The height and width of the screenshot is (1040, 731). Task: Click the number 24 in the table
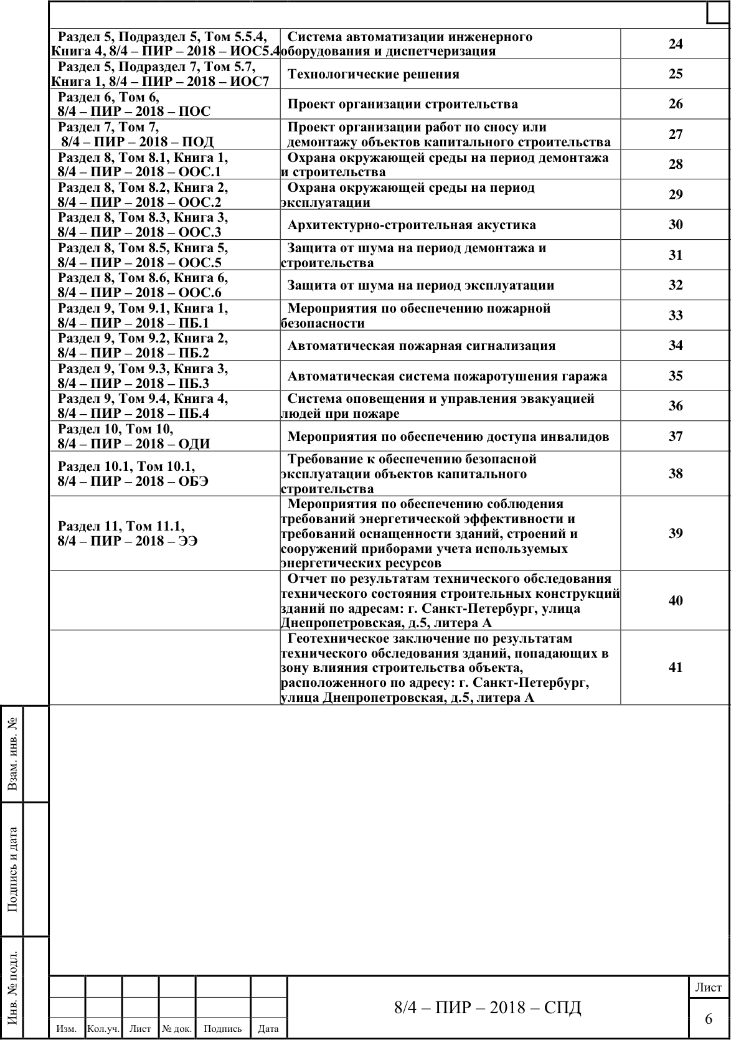coord(676,44)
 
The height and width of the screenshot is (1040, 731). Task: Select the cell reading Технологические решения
coord(374,74)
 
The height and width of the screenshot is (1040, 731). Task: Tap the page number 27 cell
coord(676,135)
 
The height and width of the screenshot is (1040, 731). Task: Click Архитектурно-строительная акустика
coord(412,225)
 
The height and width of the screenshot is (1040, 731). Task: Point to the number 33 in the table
coord(676,316)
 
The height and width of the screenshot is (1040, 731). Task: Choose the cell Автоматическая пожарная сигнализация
coord(422,346)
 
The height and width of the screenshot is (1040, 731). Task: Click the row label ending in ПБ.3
coord(143,376)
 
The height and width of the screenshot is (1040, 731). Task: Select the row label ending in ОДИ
coord(134,437)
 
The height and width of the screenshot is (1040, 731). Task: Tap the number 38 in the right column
coord(676,474)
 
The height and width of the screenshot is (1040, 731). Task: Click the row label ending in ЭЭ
coord(128,534)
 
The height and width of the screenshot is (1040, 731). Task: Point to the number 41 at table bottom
coord(676,668)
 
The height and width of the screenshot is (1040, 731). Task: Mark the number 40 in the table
coord(676,601)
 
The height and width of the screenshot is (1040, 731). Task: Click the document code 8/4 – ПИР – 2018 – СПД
coord(488,1008)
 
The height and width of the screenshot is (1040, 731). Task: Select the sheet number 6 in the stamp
coord(709,1019)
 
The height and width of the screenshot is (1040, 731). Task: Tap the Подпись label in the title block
coord(222,1029)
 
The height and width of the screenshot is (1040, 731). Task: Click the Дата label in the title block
coord(268,1029)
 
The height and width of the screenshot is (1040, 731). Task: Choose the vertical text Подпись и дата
coord(12,869)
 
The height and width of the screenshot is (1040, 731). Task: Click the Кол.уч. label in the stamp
coord(103,1029)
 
